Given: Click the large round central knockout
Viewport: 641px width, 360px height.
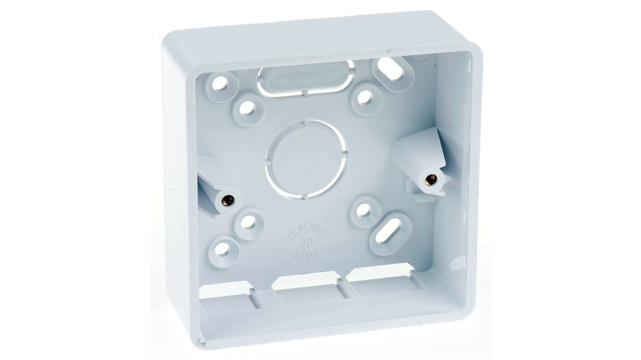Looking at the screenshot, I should [x=306, y=159].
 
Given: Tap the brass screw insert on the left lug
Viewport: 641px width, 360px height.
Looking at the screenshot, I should [x=229, y=199].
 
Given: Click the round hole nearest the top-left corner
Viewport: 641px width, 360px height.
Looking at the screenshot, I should [x=221, y=83].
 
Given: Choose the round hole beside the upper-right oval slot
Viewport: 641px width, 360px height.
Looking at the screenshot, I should [x=365, y=97].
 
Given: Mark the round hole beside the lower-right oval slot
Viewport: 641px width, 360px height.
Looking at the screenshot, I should [x=363, y=210].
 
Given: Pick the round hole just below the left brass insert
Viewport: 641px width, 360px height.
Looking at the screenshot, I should [x=248, y=222].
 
